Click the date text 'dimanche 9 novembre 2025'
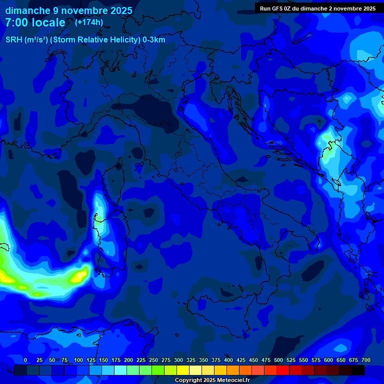click(x=68, y=10)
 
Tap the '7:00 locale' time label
click(x=35, y=22)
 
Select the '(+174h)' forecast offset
click(x=89, y=22)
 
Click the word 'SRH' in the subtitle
click(x=14, y=39)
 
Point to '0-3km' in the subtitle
click(x=154, y=39)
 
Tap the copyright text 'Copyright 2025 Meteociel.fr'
click(x=212, y=380)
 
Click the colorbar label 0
click(x=25, y=360)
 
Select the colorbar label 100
click(x=78, y=360)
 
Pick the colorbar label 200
click(x=128, y=360)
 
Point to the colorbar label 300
click(x=178, y=360)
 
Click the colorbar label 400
click(x=228, y=360)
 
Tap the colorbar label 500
click(x=278, y=360)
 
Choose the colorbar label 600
click(x=328, y=360)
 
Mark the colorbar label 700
click(x=365, y=360)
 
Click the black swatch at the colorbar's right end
click(x=358, y=370)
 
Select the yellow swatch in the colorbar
click(x=183, y=370)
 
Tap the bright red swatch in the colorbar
click(x=283, y=370)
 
